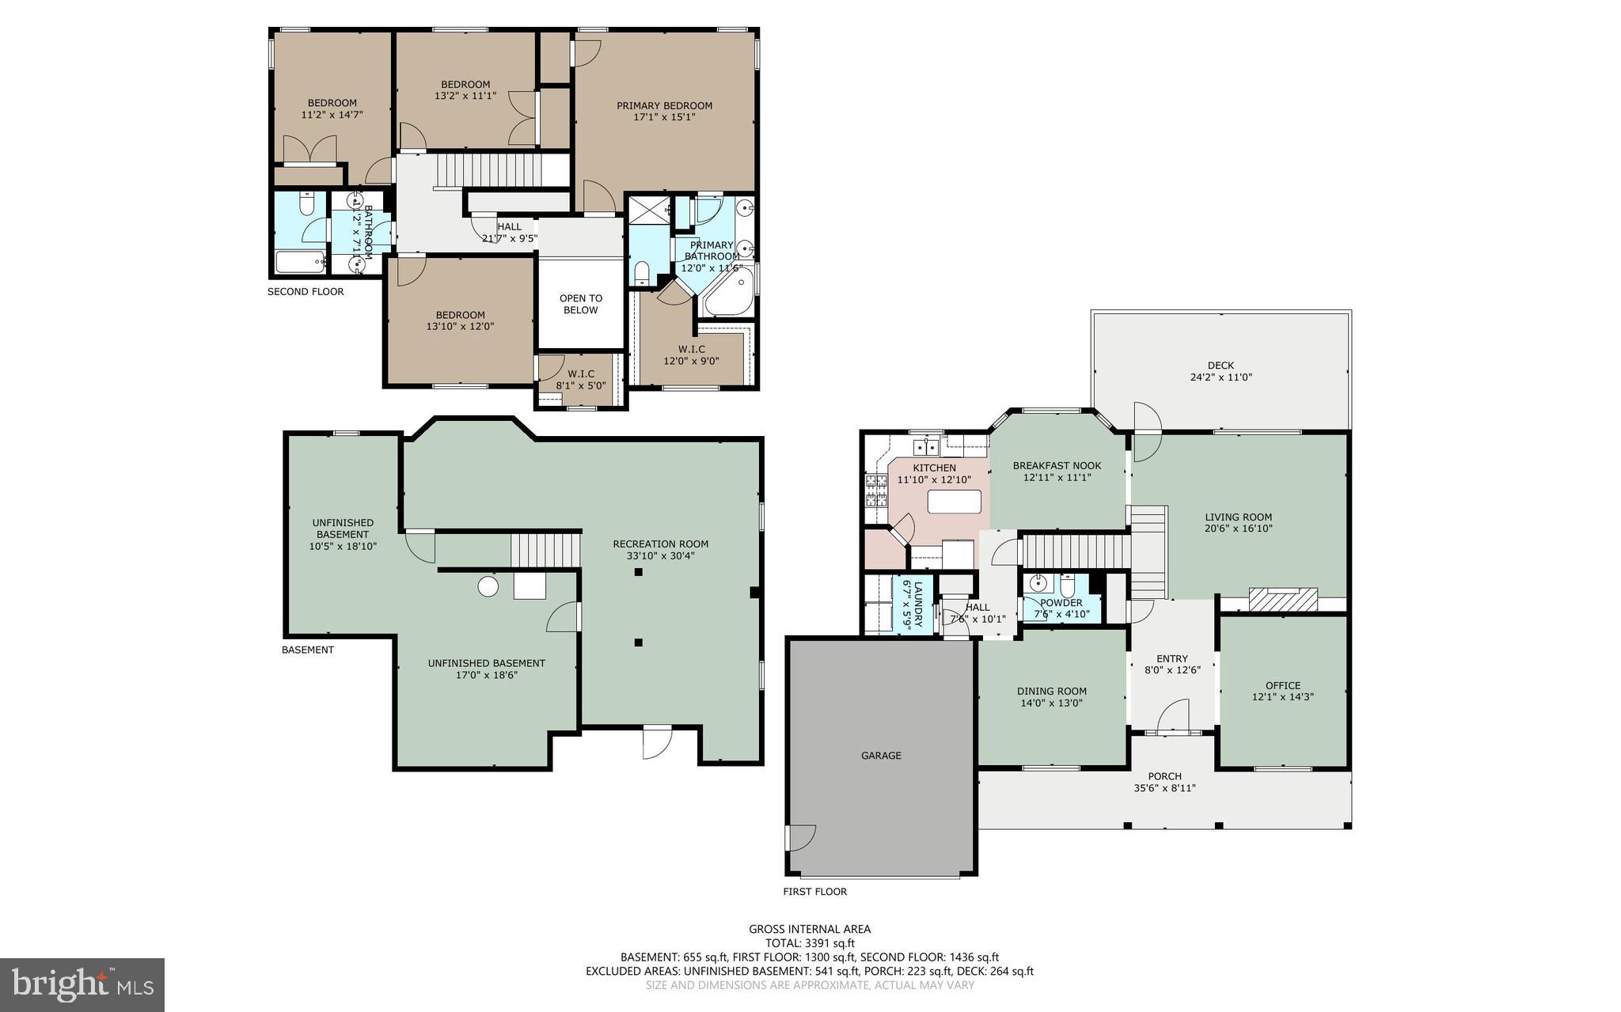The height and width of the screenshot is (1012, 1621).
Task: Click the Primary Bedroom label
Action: click(x=664, y=105)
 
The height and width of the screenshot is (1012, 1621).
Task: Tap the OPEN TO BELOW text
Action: click(x=581, y=304)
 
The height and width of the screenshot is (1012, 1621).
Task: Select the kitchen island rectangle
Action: click(x=954, y=502)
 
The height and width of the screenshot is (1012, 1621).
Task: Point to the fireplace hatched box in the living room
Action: click(x=1282, y=599)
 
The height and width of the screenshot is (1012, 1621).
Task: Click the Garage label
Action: click(x=881, y=756)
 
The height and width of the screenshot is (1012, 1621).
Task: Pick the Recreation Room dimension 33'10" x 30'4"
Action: click(x=660, y=555)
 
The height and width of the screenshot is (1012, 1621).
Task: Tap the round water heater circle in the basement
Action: click(x=488, y=586)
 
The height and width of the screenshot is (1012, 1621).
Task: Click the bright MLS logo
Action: click(x=82, y=984)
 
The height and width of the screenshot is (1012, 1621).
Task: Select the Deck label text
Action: click(x=1220, y=366)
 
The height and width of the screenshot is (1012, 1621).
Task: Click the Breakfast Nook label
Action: click(x=1057, y=465)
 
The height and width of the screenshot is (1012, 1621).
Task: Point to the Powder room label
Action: click(x=1061, y=602)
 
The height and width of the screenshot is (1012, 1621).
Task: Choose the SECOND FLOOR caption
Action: click(x=306, y=291)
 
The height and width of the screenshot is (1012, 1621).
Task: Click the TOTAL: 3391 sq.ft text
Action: click(x=810, y=943)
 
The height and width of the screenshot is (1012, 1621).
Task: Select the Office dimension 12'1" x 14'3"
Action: click(x=1282, y=697)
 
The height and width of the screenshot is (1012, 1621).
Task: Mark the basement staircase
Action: click(x=545, y=550)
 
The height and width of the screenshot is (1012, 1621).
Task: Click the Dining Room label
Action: click(x=1051, y=691)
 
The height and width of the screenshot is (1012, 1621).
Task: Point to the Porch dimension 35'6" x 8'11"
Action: click(x=1164, y=788)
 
